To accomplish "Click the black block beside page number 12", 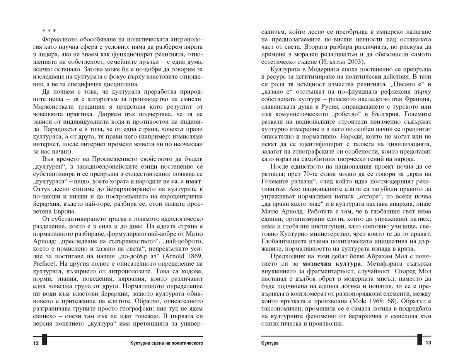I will point(45,340).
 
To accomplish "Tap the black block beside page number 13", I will point(420,340).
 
